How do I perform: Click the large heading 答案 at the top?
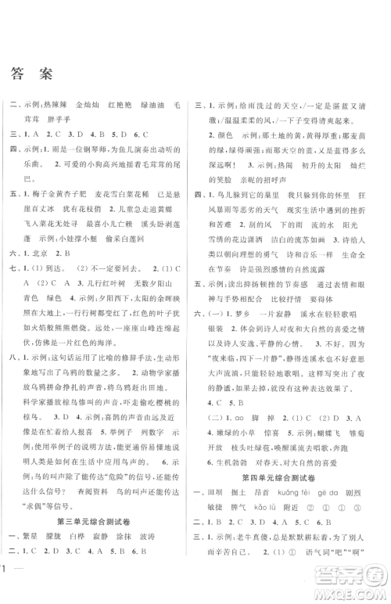[x=32, y=74]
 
